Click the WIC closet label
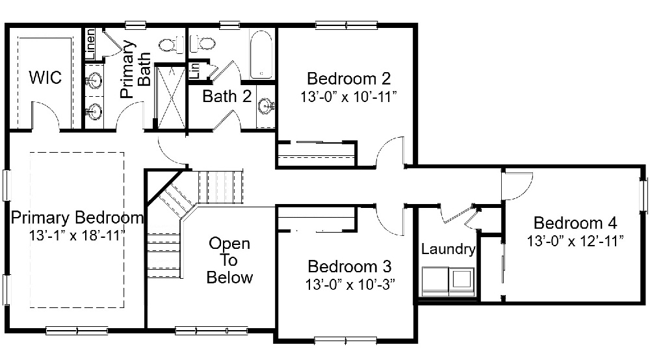pyautogui.click(x=45, y=77)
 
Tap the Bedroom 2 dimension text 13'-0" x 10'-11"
pyautogui.click(x=348, y=97)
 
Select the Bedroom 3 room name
pyautogui.click(x=350, y=266)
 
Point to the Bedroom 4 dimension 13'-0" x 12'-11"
pyautogui.click(x=575, y=240)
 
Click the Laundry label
pyautogui.click(x=448, y=249)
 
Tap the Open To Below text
pyautogui.click(x=229, y=260)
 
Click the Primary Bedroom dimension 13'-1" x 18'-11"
pyautogui.click(x=77, y=236)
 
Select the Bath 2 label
pyautogui.click(x=227, y=97)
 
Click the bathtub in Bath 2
pyautogui.click(x=261, y=55)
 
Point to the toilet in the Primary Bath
pyautogui.click(x=172, y=44)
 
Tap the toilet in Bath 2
pyautogui.click(x=202, y=43)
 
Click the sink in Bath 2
pyautogui.click(x=265, y=106)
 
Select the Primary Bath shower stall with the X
pyautogui.click(x=170, y=97)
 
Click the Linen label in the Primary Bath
pyautogui.click(x=90, y=44)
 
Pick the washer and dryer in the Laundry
pyautogui.click(x=448, y=282)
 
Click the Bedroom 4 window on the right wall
pyautogui.click(x=643, y=195)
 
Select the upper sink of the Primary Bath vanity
pyautogui.click(x=94, y=80)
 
